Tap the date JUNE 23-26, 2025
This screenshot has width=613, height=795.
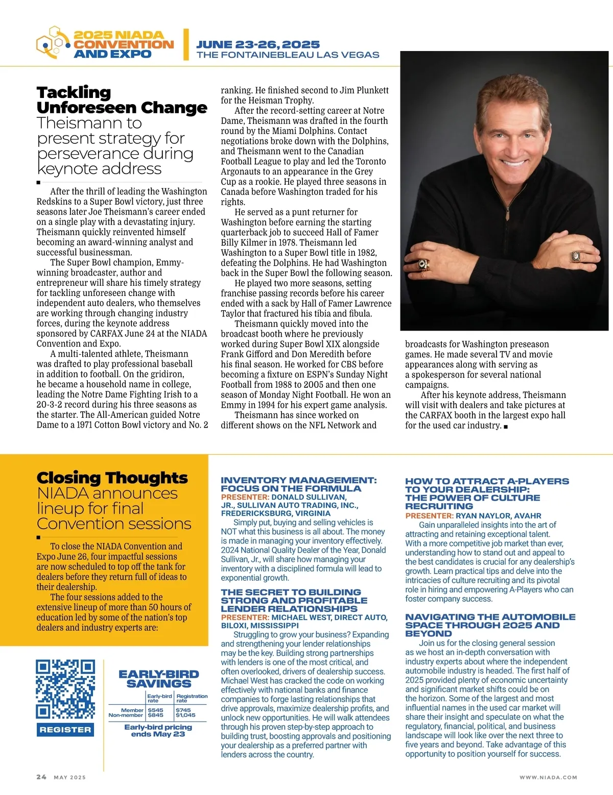coord(258,44)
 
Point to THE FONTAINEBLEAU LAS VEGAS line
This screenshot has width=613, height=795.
coord(288,55)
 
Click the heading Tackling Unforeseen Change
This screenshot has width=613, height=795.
coord(122,100)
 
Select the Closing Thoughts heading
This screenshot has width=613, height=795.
coord(112,478)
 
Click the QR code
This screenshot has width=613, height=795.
coord(65,689)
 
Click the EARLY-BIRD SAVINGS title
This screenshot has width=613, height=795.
coord(158,679)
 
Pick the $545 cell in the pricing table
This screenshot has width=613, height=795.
coord(155,710)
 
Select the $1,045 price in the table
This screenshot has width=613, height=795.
coord(185,715)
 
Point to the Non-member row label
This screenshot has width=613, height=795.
coord(126,715)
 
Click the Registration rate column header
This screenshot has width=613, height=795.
coord(192,698)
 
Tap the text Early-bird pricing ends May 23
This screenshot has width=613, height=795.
coord(158,730)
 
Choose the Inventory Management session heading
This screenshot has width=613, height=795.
coord(298,484)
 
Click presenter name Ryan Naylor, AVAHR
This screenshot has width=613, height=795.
coord(498,516)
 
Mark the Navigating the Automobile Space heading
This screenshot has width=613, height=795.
coord(490,625)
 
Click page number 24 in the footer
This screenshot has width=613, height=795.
coord(41,777)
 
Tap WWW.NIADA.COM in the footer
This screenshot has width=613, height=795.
coord(548,777)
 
